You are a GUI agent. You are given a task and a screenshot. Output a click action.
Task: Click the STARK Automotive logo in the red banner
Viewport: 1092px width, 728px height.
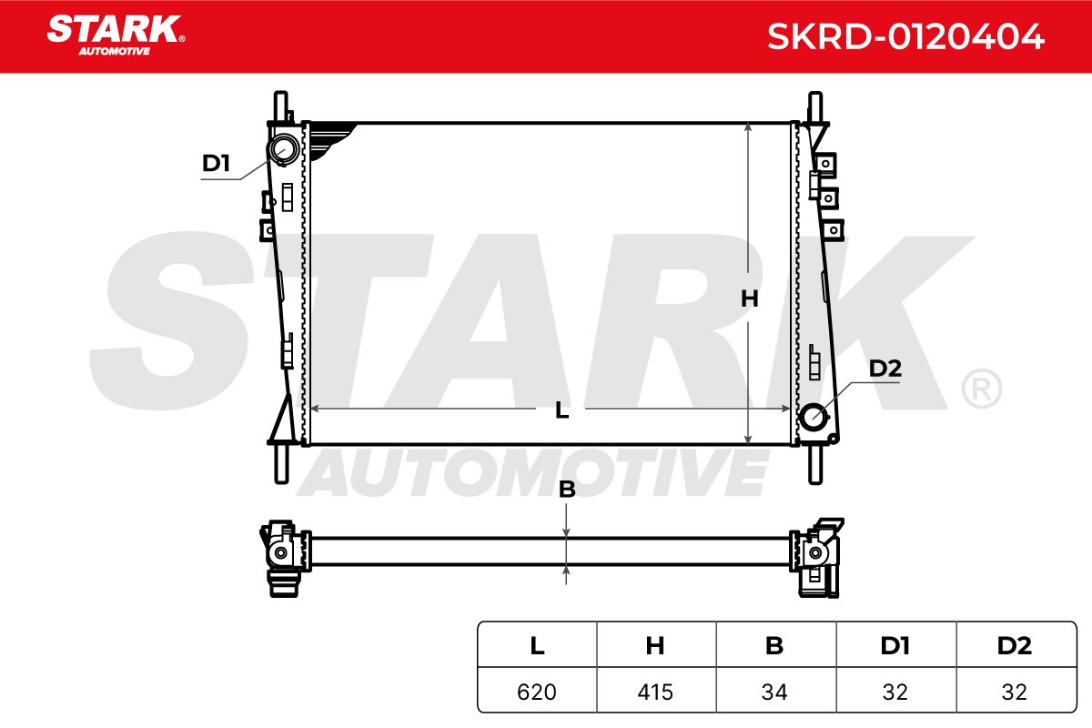pyautogui.click(x=116, y=35)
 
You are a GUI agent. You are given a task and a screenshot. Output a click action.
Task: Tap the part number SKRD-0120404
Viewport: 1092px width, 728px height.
pyautogui.click(x=905, y=36)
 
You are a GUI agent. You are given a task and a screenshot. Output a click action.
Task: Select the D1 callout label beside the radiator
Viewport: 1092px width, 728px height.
pyautogui.click(x=216, y=164)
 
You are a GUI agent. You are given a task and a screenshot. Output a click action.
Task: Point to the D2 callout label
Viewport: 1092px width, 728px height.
pyautogui.click(x=885, y=369)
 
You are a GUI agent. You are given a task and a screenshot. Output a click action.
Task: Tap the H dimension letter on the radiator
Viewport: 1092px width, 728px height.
pyautogui.click(x=749, y=298)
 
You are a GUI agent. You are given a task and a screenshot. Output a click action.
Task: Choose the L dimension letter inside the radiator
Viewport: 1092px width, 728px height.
pyautogui.click(x=561, y=410)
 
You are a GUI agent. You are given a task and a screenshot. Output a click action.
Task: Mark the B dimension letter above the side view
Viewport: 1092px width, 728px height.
pyautogui.click(x=567, y=490)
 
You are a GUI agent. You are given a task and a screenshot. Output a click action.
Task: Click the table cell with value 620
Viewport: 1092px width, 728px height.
pyautogui.click(x=537, y=692)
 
